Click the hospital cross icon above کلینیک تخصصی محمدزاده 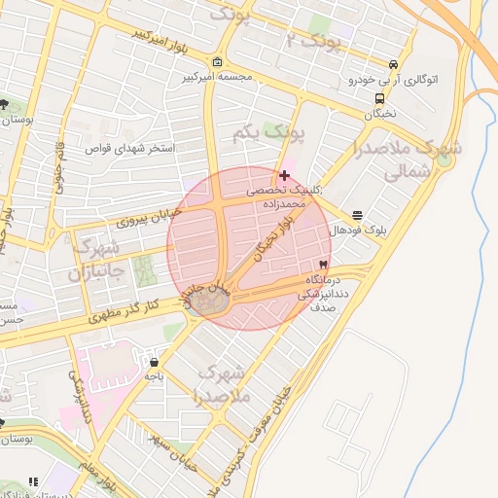tap(283, 175)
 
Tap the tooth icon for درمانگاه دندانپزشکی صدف tap(322, 265)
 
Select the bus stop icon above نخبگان tap(378, 97)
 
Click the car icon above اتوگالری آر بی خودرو tap(393, 60)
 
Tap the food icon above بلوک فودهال tap(358, 215)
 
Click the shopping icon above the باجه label tap(154, 363)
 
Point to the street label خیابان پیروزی tap(144, 216)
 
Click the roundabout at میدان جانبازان tap(208, 302)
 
